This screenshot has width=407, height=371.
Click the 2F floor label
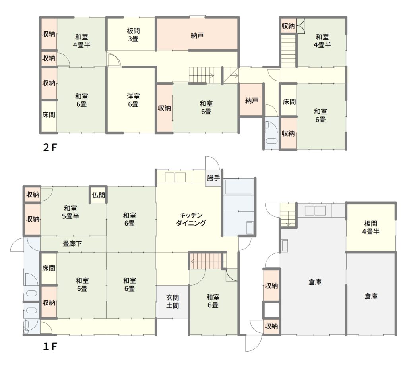(50, 148)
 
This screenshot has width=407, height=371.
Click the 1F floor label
(50, 346)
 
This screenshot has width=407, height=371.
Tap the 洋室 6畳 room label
(133, 100)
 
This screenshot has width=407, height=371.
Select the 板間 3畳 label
(133, 35)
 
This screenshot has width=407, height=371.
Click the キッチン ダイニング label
(191, 219)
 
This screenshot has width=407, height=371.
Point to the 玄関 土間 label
(172, 301)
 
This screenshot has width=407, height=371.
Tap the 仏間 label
(99, 195)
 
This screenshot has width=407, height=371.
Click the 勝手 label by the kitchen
(213, 178)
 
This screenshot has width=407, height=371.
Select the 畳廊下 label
(72, 243)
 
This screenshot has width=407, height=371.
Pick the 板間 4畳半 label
(371, 227)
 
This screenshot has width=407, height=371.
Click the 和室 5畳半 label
(70, 212)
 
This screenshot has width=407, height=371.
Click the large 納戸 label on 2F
(197, 35)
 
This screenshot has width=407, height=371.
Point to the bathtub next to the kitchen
(239, 187)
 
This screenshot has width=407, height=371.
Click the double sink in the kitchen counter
(175, 177)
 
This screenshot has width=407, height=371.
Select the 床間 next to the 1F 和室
(48, 268)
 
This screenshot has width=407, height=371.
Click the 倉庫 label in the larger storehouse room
(315, 282)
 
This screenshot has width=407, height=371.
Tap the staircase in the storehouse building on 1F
(288, 214)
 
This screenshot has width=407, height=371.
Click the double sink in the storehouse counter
(315, 211)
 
